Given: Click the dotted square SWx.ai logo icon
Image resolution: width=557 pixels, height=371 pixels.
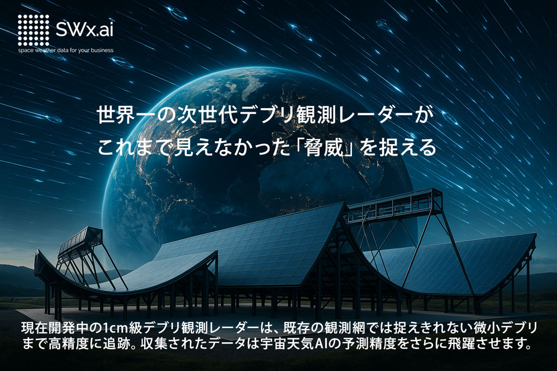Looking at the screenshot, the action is [x=33, y=30].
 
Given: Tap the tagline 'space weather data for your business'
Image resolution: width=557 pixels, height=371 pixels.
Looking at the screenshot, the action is [x=66, y=51].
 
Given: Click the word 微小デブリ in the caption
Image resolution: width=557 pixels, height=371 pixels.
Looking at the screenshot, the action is [x=497, y=329].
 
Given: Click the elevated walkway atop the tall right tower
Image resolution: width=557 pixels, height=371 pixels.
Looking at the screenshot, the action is [x=394, y=204].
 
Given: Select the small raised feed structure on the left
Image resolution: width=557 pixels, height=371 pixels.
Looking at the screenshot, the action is [x=80, y=240].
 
